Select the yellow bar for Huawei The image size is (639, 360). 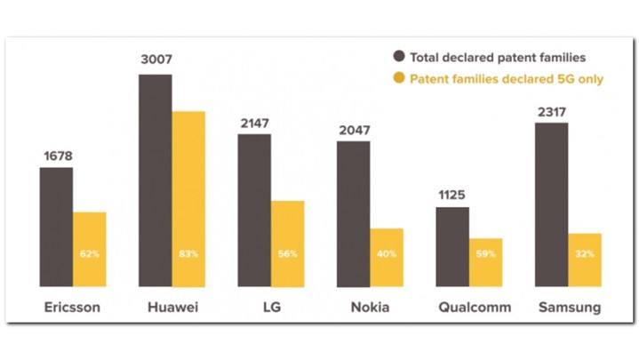(x=188, y=199)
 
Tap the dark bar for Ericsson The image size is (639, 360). (x=56, y=227)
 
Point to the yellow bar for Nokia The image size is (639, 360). (x=387, y=257)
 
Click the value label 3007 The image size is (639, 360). (x=156, y=60)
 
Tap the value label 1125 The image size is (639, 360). (x=452, y=195)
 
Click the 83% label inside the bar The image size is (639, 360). (x=188, y=254)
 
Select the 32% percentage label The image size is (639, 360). (x=586, y=254)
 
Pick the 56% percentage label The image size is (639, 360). (x=288, y=254)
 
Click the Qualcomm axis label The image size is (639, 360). (x=475, y=308)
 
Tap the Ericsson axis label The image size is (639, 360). (x=72, y=308)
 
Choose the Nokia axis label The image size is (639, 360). (x=370, y=308)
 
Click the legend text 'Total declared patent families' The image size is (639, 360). (x=498, y=57)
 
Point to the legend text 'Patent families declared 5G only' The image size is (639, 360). (x=507, y=79)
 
